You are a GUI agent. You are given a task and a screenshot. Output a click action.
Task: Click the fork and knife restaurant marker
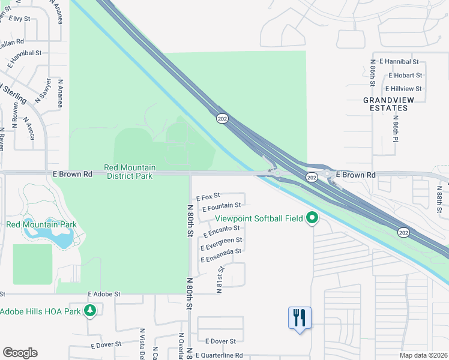[x=300, y=317]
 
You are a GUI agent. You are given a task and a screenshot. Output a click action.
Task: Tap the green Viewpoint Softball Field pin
[x=312, y=218]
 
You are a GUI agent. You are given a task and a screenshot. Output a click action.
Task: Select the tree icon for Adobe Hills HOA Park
[x=90, y=311]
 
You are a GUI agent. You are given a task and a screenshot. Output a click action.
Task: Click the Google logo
[x=20, y=353]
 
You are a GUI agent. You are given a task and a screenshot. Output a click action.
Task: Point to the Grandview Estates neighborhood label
[x=385, y=104]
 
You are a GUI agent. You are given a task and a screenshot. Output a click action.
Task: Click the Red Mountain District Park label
[x=130, y=172]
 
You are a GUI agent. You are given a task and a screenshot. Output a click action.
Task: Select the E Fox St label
[x=208, y=196]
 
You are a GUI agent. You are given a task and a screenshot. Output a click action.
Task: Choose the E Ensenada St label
[x=221, y=254]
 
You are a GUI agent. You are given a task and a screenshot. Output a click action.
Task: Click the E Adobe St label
[x=104, y=294]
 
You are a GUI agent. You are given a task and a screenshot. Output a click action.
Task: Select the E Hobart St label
[x=405, y=76]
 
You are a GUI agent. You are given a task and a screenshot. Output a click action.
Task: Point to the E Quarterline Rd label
[x=218, y=356]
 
